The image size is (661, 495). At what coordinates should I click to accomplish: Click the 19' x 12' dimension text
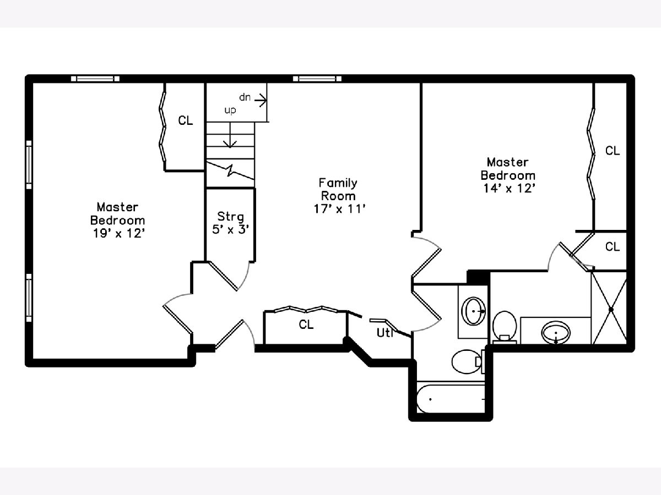[x=119, y=233]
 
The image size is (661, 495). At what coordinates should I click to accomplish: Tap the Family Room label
[x=338, y=189]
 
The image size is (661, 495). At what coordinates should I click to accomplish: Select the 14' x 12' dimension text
[x=509, y=188]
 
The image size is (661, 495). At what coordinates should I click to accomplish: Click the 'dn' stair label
[x=245, y=97]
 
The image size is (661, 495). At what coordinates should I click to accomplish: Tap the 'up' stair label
[x=230, y=111]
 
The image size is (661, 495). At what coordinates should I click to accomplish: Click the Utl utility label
[x=385, y=333]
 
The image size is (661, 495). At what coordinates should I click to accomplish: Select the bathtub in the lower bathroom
[x=451, y=399]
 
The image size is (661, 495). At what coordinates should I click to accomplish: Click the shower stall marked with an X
[x=609, y=309]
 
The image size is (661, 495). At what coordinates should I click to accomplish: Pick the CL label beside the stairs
[x=186, y=120]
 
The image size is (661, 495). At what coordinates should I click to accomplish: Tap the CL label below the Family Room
[x=306, y=324]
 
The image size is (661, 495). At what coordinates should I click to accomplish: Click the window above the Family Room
[x=317, y=79]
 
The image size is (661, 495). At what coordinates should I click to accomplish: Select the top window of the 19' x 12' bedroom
[x=95, y=79]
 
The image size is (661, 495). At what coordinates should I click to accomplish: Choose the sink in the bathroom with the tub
[x=474, y=311]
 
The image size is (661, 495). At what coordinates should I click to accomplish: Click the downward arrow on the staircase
[x=230, y=135]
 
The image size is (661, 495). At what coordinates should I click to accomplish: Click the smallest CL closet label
[x=613, y=246]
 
